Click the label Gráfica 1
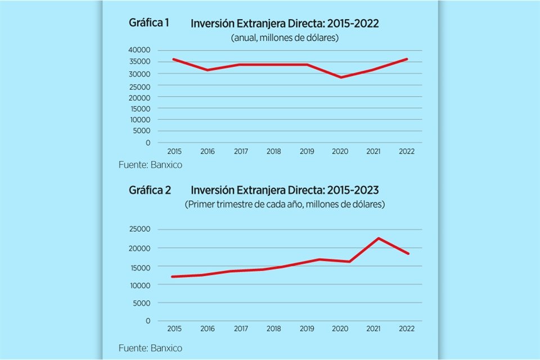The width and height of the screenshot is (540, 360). click(149, 23)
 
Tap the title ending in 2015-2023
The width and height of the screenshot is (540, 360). click(285, 190)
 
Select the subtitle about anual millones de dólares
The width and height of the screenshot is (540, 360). click(284, 38)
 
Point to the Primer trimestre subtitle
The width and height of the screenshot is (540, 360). click(285, 204)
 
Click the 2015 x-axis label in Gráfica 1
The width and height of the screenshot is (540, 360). click(174, 152)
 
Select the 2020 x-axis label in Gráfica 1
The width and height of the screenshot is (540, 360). click(341, 152)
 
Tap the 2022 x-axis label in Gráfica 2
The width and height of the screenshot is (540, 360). click(407, 328)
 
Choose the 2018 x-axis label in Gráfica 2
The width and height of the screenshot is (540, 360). click(274, 328)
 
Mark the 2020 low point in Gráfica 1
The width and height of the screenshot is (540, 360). click(341, 77)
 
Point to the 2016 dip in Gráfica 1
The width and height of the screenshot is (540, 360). click(208, 70)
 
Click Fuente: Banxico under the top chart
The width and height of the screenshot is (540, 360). click(151, 165)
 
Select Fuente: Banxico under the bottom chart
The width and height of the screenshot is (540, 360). click(151, 348)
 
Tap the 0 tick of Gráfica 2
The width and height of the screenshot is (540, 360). click(148, 321)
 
